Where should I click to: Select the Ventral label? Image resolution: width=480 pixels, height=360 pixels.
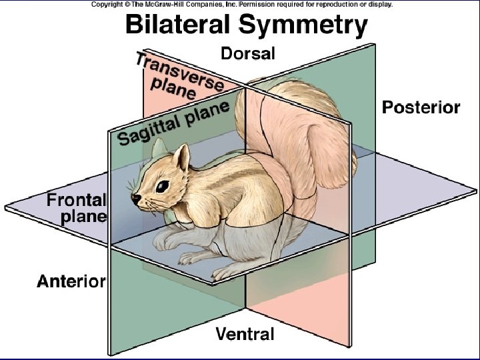[245, 333]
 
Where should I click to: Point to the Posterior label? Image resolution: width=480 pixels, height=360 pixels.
[421, 107]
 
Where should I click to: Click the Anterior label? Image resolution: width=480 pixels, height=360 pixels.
[71, 281]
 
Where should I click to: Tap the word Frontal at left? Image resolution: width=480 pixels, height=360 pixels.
[76, 199]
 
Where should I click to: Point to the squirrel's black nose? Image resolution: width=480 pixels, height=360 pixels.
[136, 198]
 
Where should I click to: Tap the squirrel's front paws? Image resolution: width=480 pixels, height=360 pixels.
[167, 244]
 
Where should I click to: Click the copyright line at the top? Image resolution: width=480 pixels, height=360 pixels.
[242, 4]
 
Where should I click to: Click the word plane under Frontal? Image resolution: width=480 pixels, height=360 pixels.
[83, 216]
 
